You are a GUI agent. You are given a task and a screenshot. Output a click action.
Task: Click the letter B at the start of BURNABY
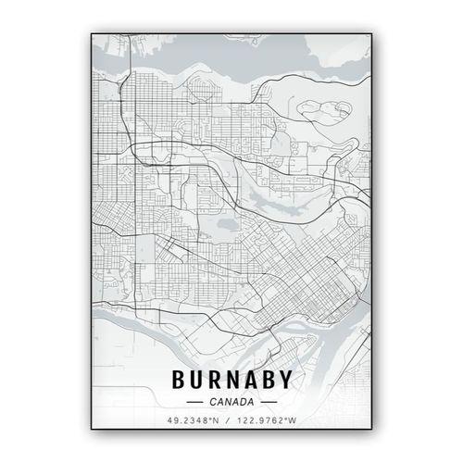pos(178,379)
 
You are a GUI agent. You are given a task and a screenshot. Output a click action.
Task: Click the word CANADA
pos(231,402)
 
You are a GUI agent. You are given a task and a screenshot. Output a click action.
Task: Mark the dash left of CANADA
pos(194,402)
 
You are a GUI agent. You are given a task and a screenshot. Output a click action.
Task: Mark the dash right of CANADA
pos(268,402)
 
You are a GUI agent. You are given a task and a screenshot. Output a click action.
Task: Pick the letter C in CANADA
pos(212,402)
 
